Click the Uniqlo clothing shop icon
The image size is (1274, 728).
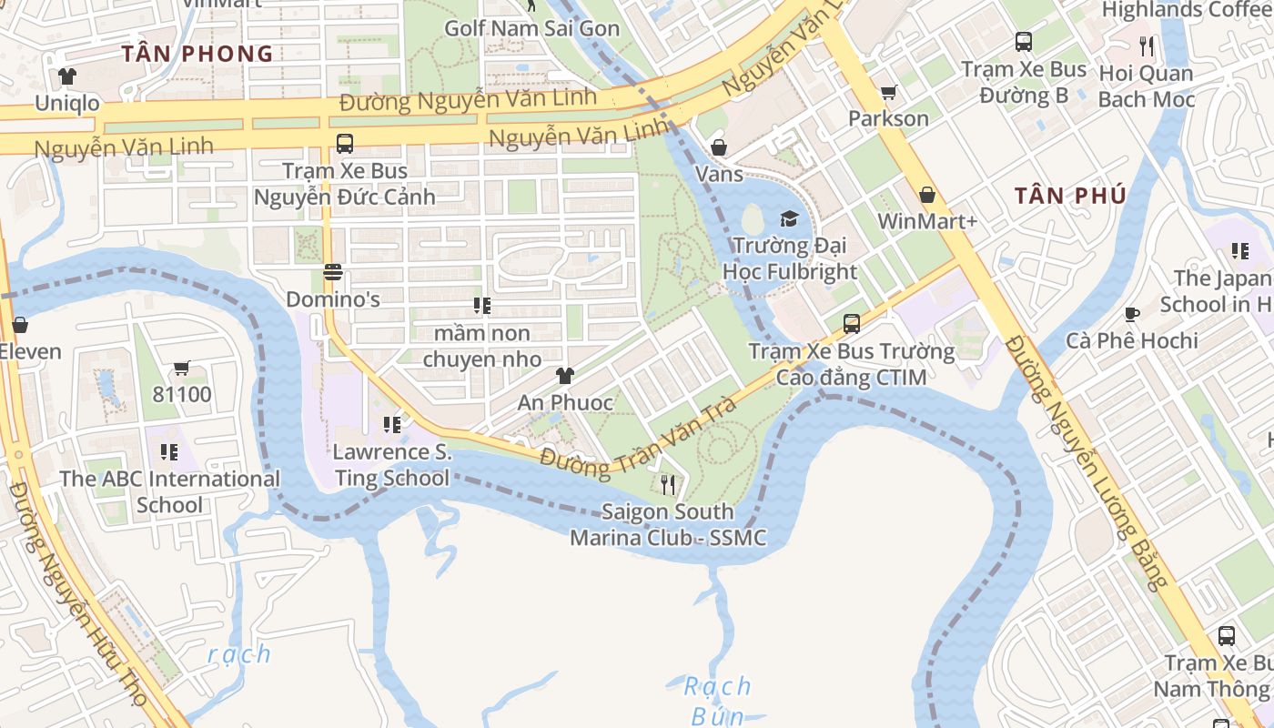pyautogui.click(x=66, y=76)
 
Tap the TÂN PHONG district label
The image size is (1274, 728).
pyautogui.click(x=197, y=54)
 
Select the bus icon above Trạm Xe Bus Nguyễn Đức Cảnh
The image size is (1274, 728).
pyautogui.click(x=345, y=143)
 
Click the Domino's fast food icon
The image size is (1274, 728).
pyautogui.click(x=333, y=272)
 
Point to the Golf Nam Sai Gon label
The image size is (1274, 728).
pyautogui.click(x=531, y=28)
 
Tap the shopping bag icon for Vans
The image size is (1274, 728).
pyautogui.click(x=719, y=147)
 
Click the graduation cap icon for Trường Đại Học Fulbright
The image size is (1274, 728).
pyautogui.click(x=789, y=218)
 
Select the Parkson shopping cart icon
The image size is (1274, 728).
pyautogui.click(x=888, y=92)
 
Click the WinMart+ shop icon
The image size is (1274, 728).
pyautogui.click(x=926, y=195)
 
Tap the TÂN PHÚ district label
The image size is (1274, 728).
pyautogui.click(x=1070, y=196)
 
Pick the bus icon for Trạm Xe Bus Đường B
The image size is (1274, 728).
pyautogui.click(x=1024, y=42)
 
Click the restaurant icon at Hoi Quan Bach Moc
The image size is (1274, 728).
pyautogui.click(x=1147, y=45)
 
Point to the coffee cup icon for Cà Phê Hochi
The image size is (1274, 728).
pyautogui.click(x=1132, y=314)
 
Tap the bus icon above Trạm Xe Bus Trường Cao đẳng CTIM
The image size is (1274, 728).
pyautogui.click(x=852, y=323)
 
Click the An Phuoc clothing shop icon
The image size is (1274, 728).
pyautogui.click(x=565, y=375)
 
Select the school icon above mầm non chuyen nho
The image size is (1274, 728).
pyautogui.click(x=481, y=306)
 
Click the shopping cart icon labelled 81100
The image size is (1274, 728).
pyautogui.click(x=182, y=368)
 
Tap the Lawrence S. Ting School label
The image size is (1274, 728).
pyautogui.click(x=391, y=464)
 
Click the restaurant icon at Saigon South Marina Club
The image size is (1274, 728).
pyautogui.click(x=668, y=484)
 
